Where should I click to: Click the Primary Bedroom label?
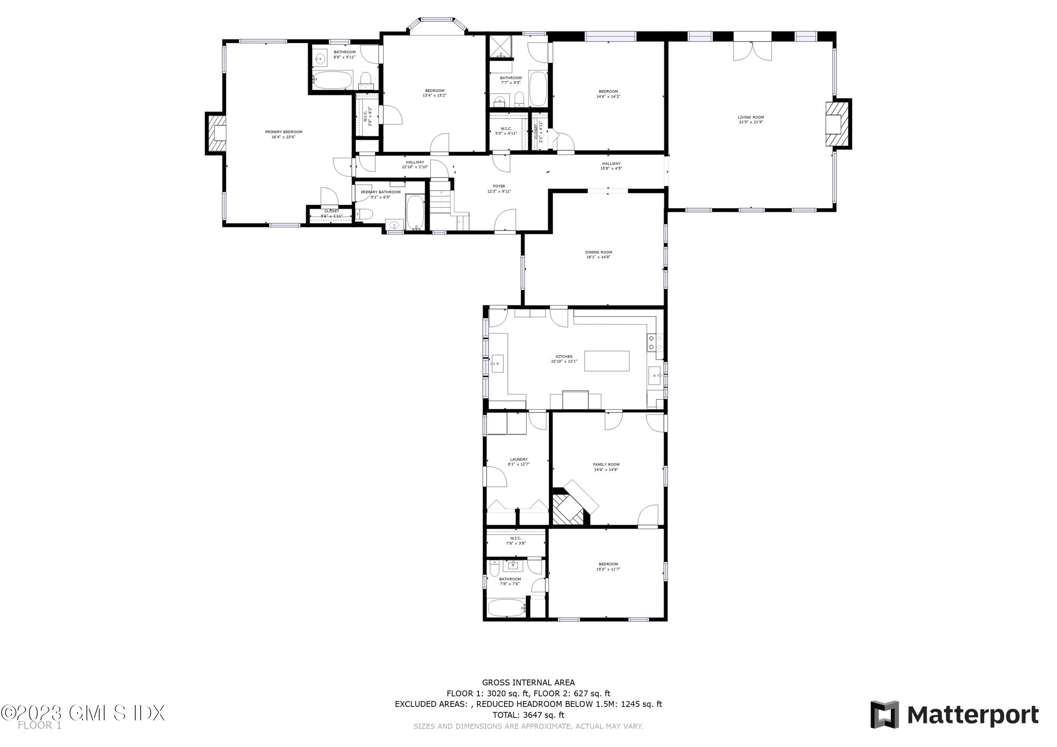coord(284,132)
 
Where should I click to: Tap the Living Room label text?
coord(751,117)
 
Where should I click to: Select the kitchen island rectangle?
coord(607,361)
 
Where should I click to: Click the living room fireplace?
coord(837,124)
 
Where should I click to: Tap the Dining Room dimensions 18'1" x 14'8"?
coord(599,257)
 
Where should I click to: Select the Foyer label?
coord(499,186)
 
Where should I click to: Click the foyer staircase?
coord(440,198)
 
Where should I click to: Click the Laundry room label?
coord(519,459)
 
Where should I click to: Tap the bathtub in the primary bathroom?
coord(415,212)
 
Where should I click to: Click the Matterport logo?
coord(954,715)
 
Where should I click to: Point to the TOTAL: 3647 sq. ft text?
coord(528,715)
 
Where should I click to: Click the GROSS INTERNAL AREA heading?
coord(528,683)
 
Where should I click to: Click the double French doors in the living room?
coord(752,51)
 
